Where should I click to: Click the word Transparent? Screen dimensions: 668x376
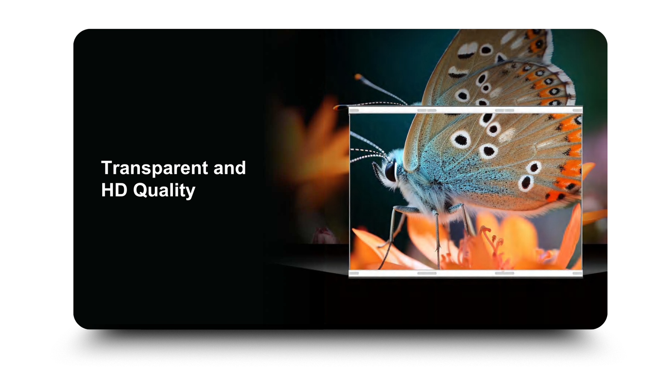coord(154,168)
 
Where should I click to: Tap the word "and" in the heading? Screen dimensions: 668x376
coord(230,168)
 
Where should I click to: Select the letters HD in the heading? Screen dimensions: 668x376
coord(114,190)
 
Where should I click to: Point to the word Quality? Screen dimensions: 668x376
coord(164,191)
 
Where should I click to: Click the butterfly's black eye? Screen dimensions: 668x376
coord(391,171)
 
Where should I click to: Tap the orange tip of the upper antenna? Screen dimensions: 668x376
coord(358,77)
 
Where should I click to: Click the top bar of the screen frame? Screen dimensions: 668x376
coord(466,110)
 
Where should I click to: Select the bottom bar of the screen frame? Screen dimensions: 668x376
coord(466,273)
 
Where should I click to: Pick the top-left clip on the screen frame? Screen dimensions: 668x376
coord(354,110)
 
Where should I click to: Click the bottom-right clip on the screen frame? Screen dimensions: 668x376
coord(577,273)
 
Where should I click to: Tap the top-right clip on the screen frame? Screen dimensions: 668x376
coord(577,110)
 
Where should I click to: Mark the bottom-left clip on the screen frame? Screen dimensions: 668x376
coord(354,273)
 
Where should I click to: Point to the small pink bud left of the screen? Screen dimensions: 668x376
coord(324,236)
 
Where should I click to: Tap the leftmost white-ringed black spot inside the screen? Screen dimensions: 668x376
coord(461,140)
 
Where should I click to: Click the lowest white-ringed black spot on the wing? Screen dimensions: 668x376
coord(526,183)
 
